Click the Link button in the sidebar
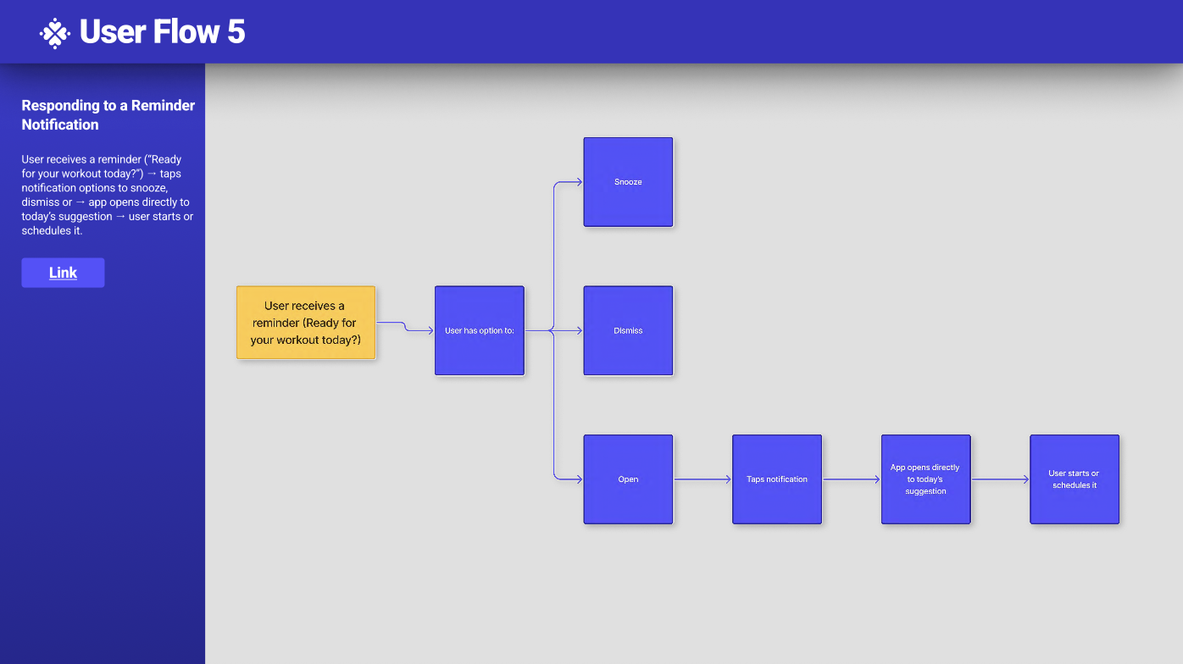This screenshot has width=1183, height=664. (x=63, y=273)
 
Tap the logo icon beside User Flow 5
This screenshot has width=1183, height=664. (x=55, y=33)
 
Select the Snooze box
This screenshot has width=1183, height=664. (x=628, y=182)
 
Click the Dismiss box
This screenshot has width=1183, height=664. (x=628, y=330)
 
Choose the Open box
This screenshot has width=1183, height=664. (x=628, y=479)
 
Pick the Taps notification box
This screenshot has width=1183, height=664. (x=777, y=479)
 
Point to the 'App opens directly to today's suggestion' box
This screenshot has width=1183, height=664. (x=925, y=479)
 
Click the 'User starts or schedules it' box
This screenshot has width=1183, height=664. (x=1075, y=479)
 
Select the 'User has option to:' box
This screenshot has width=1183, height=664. (x=480, y=330)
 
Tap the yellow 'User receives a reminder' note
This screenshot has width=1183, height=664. (x=306, y=323)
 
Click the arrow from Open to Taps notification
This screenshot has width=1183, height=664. (x=703, y=479)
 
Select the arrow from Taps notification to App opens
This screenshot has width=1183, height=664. (x=852, y=479)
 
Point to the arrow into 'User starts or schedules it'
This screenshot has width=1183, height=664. (x=1000, y=479)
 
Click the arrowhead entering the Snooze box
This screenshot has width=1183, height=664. (x=579, y=182)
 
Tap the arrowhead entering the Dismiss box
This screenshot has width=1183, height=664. (x=579, y=330)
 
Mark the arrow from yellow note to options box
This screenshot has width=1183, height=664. (x=405, y=327)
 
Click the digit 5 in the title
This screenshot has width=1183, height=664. (x=236, y=32)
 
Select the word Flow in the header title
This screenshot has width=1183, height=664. (x=186, y=32)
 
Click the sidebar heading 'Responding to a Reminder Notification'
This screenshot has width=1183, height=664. (x=108, y=115)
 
